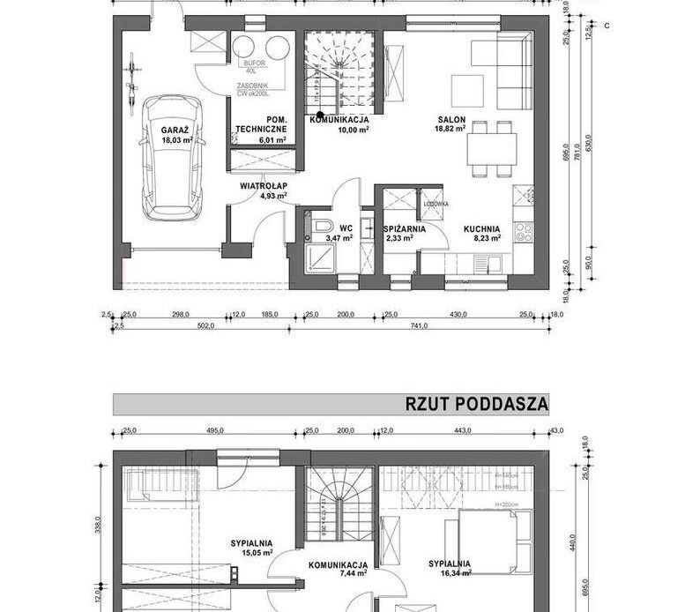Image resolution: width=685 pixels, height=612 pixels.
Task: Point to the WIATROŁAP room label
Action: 262,186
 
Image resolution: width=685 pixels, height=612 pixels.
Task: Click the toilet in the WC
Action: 318,228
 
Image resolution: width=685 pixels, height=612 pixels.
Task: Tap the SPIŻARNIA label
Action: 405,228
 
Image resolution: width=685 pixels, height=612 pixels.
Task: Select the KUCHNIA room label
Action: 483,228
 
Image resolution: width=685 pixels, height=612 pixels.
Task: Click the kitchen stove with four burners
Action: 524,231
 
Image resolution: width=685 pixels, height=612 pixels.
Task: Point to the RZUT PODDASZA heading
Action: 476,404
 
